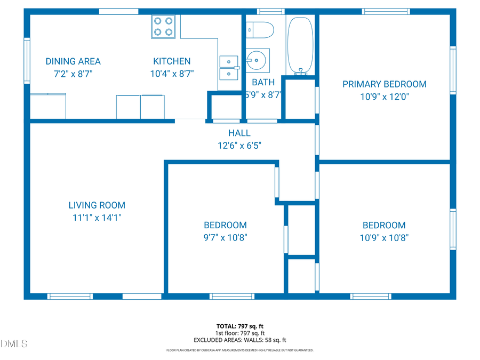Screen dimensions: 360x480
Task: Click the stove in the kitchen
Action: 163,26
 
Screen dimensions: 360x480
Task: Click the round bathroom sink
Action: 258,60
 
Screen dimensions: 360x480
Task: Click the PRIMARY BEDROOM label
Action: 384,84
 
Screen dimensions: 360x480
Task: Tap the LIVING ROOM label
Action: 97,205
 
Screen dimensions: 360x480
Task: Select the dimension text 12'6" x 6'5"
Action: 239,145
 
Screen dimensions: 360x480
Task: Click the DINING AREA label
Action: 73,61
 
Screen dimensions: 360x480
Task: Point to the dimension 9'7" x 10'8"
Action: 225,238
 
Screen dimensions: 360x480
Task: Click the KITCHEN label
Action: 172,61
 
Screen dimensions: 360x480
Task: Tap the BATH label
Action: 263,82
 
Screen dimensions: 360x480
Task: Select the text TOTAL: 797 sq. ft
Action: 240,325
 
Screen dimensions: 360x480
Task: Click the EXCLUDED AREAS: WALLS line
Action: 240,340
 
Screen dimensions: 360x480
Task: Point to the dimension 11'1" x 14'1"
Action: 97,218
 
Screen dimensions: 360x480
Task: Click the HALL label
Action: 239,133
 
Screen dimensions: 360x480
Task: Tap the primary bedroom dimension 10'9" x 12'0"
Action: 384,97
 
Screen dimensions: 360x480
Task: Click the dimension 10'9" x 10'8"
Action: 384,238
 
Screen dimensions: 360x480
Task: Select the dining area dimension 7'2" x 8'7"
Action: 73,75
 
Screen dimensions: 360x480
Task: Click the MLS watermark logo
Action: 14,343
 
